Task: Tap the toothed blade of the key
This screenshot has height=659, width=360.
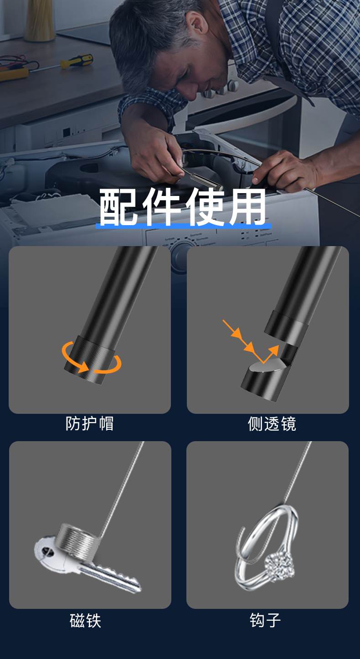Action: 118,577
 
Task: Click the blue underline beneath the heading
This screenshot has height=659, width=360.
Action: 183,227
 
